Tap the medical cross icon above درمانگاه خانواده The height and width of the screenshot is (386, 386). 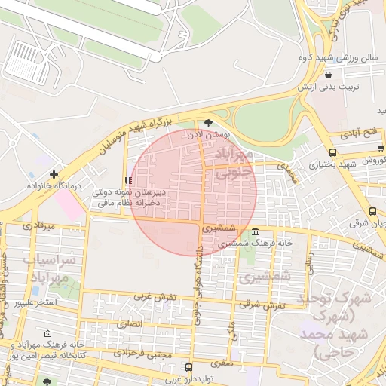(x=54, y=173)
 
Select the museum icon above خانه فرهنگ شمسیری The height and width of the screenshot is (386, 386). (x=256, y=231)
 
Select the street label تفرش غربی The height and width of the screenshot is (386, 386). (x=155, y=296)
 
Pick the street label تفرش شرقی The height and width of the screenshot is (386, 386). (x=263, y=305)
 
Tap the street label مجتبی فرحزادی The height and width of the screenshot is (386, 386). (x=143, y=353)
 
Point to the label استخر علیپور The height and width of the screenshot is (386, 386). (x=35, y=302)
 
